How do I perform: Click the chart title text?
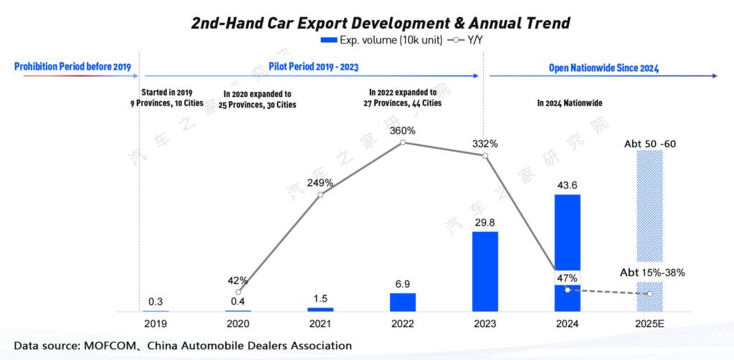(x=380, y=22)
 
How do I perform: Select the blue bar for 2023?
(x=485, y=271)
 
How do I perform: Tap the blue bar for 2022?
(x=403, y=301)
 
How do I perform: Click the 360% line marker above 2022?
(x=403, y=143)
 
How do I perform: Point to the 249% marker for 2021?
(x=320, y=194)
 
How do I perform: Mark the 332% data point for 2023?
(x=485, y=156)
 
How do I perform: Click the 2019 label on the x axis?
(x=155, y=323)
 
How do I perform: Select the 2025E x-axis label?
(x=649, y=323)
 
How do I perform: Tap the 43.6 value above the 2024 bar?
(x=568, y=185)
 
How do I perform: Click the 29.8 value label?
(x=485, y=222)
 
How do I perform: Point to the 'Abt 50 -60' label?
(x=650, y=144)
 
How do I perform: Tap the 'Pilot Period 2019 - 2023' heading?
(x=313, y=67)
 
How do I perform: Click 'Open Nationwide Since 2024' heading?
(x=604, y=68)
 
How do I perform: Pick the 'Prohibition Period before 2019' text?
(x=72, y=67)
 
